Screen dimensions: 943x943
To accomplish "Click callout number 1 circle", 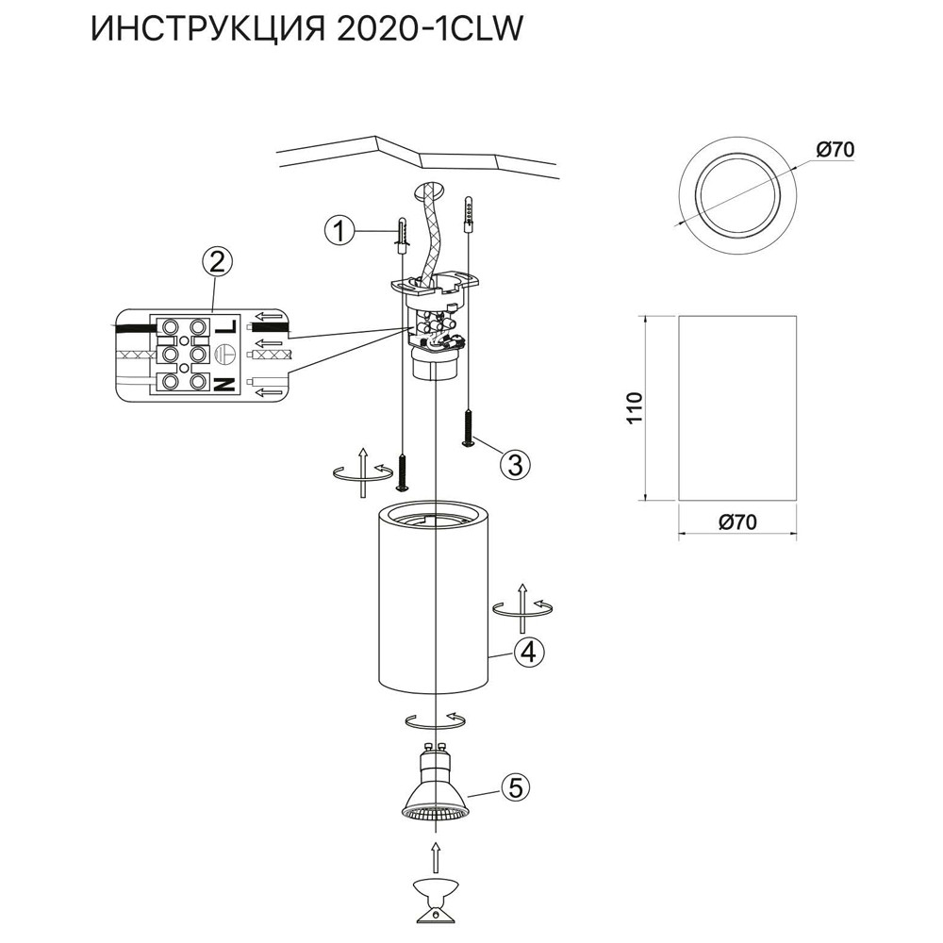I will pos(340,228).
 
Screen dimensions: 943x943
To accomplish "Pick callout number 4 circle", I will pos(529,651).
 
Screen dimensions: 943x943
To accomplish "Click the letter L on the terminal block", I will pos(225,327).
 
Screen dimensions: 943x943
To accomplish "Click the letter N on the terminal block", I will pos(225,383).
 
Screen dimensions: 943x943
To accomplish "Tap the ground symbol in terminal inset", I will pos(224,355).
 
